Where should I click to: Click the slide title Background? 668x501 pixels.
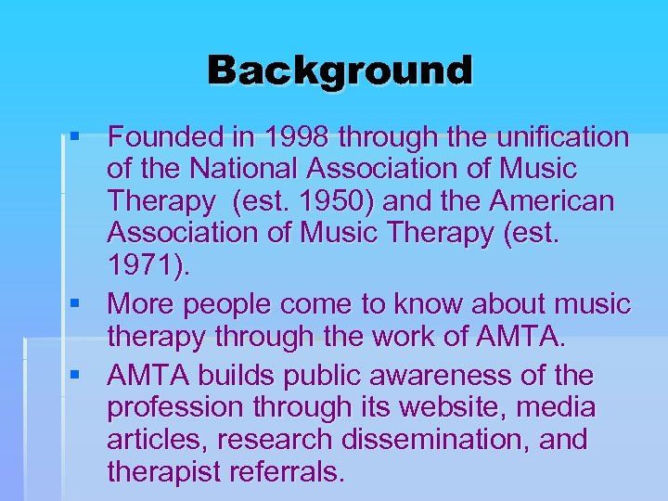coord(340,71)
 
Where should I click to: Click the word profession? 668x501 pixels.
coord(176,408)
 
